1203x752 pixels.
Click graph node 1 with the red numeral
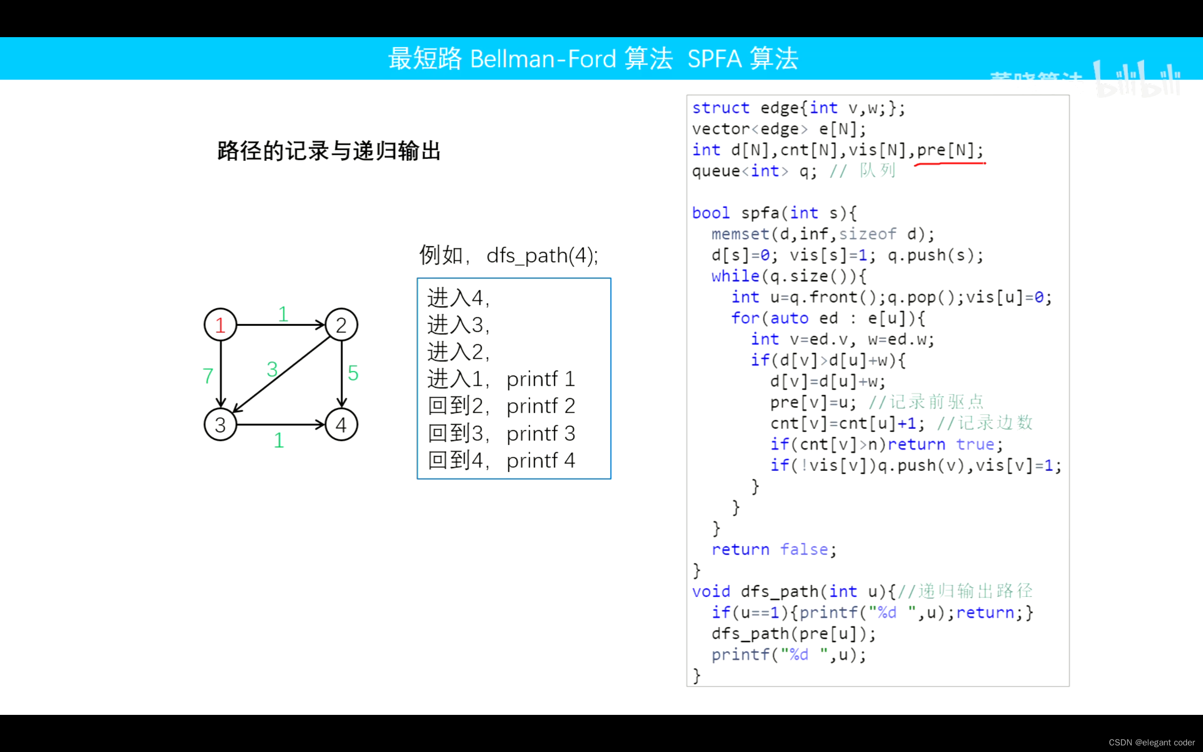point(220,325)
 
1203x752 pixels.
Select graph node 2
point(341,325)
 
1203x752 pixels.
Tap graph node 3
point(220,425)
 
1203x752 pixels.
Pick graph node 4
point(341,425)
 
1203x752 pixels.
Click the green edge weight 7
point(208,376)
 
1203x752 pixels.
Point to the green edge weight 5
point(353,373)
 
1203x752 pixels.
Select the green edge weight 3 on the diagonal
point(272,369)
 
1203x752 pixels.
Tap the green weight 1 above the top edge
point(283,314)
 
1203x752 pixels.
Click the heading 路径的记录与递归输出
point(329,151)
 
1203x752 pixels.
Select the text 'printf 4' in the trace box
point(540,461)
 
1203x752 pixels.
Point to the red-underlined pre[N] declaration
point(949,150)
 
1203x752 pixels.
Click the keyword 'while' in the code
point(735,276)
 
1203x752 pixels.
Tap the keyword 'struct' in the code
point(720,108)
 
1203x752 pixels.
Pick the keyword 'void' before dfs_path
point(711,591)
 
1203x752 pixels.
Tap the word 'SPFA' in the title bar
point(714,59)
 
